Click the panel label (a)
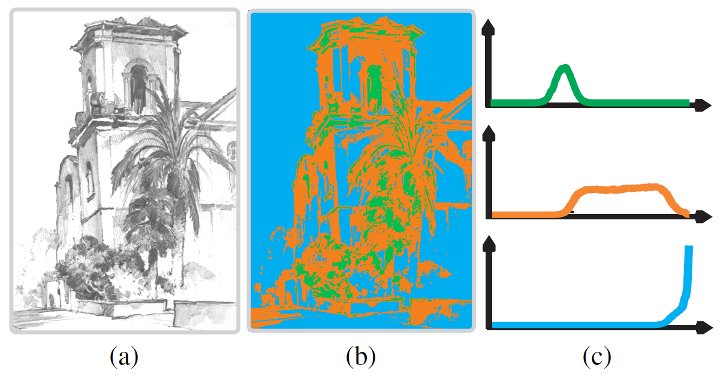(124, 357)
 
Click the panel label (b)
(361, 357)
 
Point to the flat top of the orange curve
(623, 189)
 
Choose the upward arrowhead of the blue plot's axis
(490, 242)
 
